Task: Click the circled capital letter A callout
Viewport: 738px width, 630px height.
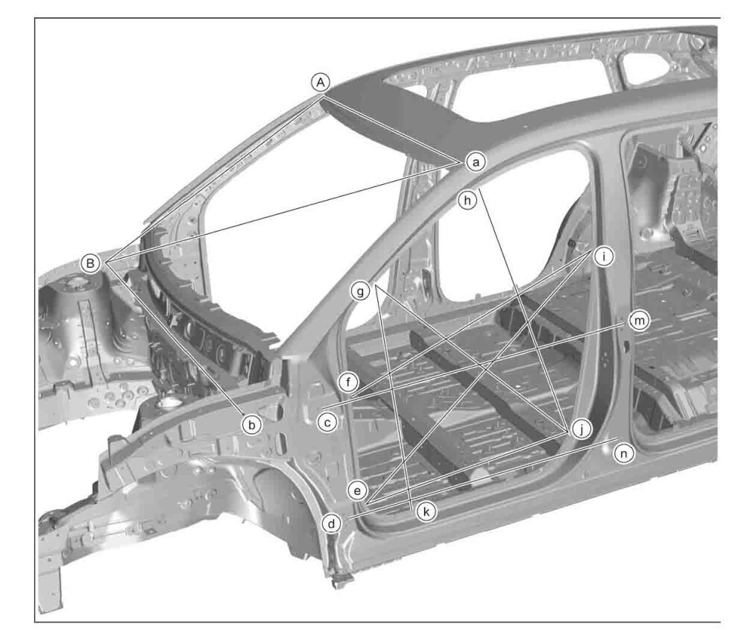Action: tap(321, 83)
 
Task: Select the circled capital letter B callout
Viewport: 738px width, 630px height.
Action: tap(90, 262)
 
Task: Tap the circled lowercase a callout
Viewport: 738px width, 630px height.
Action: tap(476, 163)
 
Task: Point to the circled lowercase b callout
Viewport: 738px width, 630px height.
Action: tap(252, 425)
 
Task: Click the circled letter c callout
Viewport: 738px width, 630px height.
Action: tap(327, 422)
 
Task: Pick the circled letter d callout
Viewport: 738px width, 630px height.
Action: tap(332, 523)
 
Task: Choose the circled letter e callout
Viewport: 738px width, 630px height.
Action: tap(357, 491)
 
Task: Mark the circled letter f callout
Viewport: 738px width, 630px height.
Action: tap(348, 382)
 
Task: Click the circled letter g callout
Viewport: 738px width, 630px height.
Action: tap(361, 292)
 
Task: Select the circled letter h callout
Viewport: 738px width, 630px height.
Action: tap(467, 201)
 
